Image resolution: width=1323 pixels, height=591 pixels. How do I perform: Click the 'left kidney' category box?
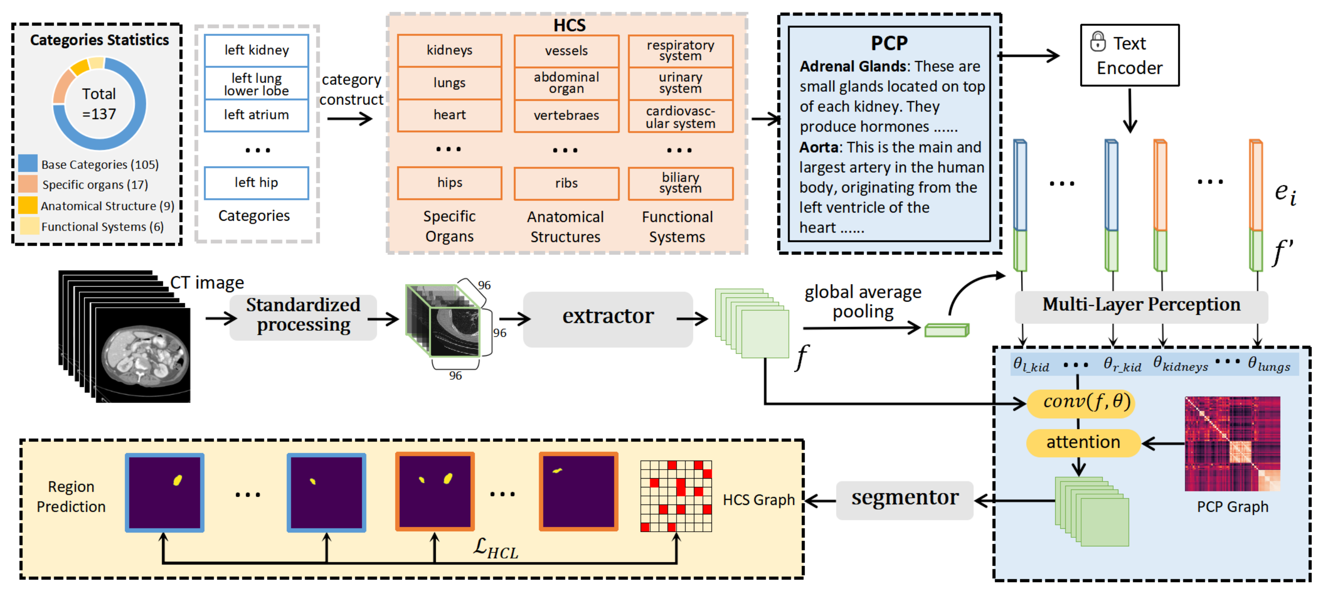[256, 50]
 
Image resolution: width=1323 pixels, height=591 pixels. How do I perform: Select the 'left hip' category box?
[256, 183]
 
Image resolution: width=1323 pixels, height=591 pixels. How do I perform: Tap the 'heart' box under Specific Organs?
[449, 115]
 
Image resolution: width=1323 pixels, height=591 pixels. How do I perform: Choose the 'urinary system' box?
[680, 83]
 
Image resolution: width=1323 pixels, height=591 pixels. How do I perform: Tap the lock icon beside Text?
[1098, 41]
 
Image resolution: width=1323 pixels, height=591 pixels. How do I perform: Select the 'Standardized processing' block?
[303, 316]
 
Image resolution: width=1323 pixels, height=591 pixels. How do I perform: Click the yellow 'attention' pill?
[1083, 442]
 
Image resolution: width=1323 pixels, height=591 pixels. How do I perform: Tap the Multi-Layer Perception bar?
[1141, 306]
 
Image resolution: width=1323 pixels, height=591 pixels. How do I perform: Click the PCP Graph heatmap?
[1232, 444]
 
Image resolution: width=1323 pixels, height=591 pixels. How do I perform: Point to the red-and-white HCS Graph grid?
[676, 495]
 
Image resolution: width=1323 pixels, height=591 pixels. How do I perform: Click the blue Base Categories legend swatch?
[28, 163]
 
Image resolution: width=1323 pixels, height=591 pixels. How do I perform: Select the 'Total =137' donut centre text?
[99, 104]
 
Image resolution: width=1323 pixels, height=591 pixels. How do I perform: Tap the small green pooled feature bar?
[947, 330]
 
